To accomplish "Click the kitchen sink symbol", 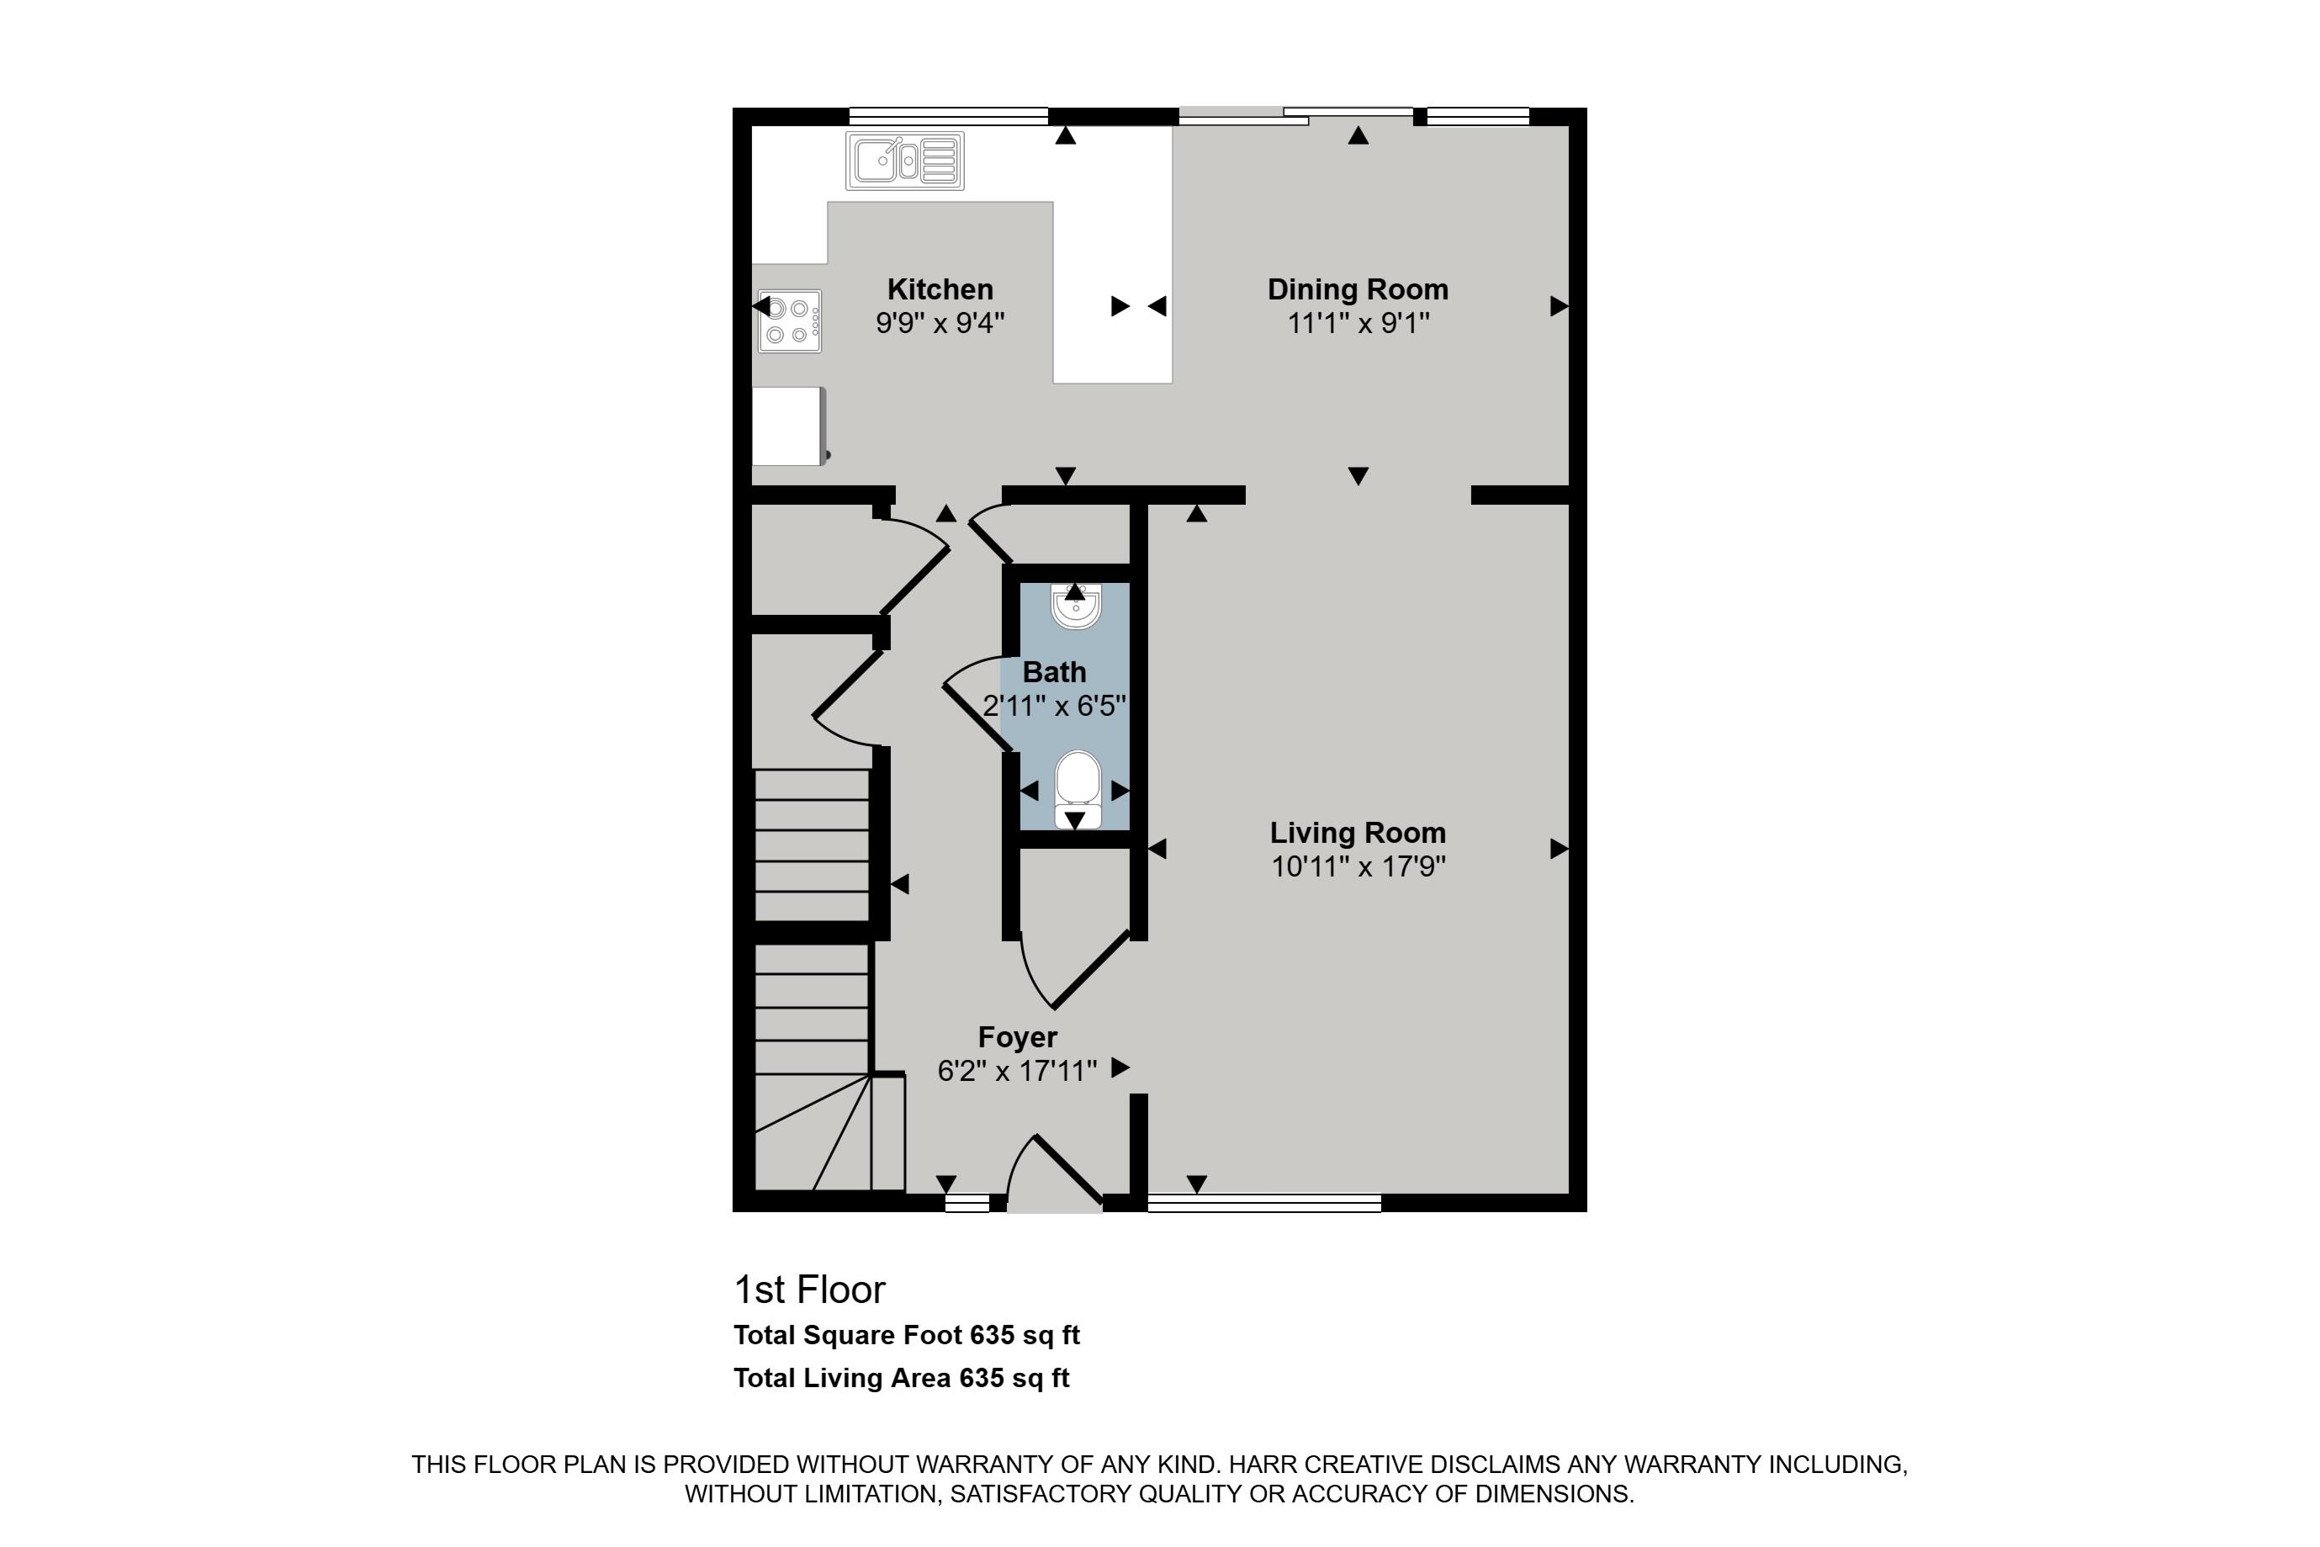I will click(x=903, y=161).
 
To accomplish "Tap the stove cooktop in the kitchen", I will click(x=789, y=321).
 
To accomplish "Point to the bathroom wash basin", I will click(x=1075, y=606).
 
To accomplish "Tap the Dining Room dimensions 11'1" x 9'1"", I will click(x=1358, y=324).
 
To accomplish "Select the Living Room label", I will click(x=1358, y=833).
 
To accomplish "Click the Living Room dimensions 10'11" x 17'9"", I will click(x=1358, y=866).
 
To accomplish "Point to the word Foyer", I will click(x=1017, y=1037).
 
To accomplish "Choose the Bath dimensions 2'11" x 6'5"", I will click(x=1053, y=706).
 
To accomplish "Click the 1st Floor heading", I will click(x=809, y=1290).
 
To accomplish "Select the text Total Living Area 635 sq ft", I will click(x=901, y=1378).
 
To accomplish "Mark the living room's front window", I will click(x=1263, y=1203).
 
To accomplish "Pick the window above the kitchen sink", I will click(x=947, y=116).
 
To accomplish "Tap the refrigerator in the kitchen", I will click(x=787, y=425).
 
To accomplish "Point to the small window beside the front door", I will click(x=967, y=1203).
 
